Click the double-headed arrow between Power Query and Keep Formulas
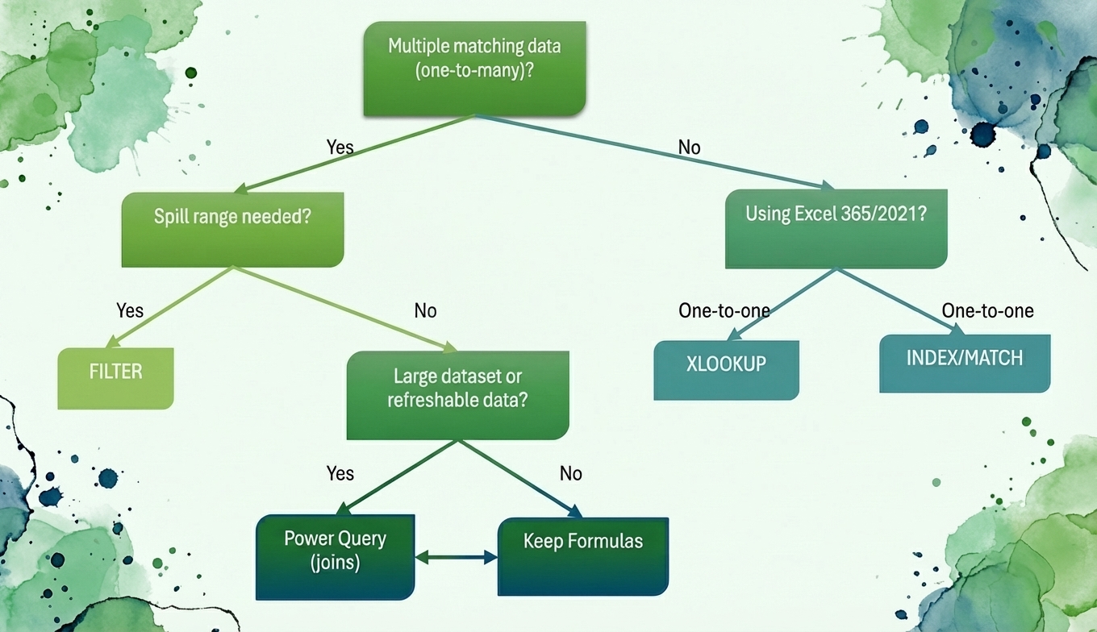(456, 556)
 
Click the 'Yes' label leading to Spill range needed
(340, 147)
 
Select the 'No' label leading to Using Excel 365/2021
(689, 148)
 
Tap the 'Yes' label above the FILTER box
(129, 310)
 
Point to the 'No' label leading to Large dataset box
(425, 310)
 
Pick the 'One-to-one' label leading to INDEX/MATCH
(987, 310)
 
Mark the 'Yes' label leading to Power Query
(340, 473)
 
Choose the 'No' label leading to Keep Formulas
(570, 473)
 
